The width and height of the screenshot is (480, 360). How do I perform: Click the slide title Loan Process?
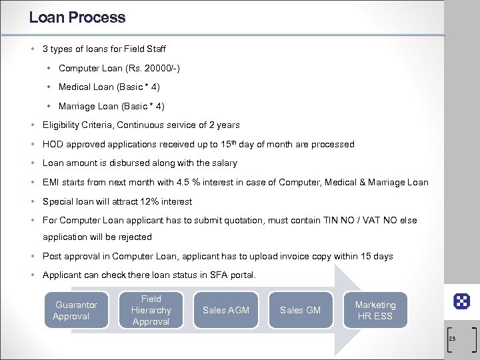77,17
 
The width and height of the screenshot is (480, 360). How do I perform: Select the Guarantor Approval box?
76,311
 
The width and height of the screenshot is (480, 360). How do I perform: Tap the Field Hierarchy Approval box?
151,311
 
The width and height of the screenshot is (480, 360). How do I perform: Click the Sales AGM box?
226,311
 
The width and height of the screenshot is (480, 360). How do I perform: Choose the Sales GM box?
301,311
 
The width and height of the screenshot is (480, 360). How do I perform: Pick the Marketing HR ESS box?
375,311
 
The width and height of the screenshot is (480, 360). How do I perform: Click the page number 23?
452,339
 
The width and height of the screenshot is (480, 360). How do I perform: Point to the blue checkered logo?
461,301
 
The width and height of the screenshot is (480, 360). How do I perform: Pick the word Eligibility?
61,125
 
